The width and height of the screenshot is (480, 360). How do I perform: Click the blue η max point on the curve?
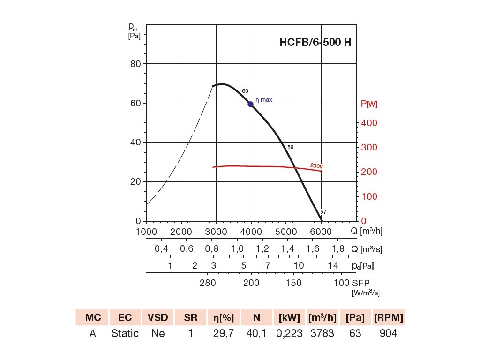click(251, 104)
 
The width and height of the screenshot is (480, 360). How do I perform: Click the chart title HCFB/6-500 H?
click(315, 42)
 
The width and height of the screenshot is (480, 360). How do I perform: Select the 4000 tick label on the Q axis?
click(251, 231)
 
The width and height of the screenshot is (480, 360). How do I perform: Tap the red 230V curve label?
click(317, 165)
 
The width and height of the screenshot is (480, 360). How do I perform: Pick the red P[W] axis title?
click(369, 104)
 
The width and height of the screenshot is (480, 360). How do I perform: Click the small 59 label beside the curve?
click(291, 147)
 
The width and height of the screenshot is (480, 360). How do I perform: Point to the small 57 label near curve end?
click(323, 212)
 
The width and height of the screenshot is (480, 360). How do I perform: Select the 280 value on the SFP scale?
click(208, 283)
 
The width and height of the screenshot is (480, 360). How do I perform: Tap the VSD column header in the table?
click(157, 318)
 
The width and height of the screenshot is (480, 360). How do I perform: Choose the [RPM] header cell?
click(389, 318)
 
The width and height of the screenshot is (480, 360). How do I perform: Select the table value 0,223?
click(289, 333)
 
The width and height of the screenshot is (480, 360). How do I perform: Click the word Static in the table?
click(125, 333)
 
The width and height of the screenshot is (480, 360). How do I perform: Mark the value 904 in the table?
click(389, 333)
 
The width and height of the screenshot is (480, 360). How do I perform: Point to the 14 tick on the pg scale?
click(333, 266)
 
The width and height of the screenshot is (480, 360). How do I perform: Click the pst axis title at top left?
click(134, 30)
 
